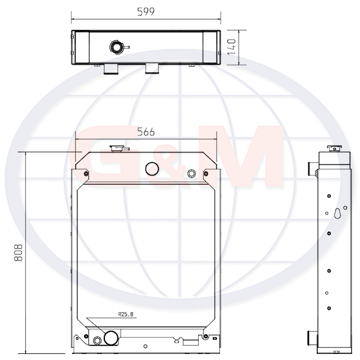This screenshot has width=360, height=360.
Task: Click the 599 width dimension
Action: [146, 12]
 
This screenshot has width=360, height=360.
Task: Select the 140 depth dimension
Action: [231, 47]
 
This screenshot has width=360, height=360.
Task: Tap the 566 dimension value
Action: [146, 132]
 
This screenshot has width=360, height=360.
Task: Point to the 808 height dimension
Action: [19, 253]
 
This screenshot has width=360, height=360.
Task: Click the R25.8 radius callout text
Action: [125, 314]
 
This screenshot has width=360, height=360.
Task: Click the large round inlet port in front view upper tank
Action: [152, 169]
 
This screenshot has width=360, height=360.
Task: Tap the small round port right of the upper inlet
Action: [192, 174]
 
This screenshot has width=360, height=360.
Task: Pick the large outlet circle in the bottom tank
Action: [112, 338]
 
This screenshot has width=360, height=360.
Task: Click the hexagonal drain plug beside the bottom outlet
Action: [97, 340]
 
